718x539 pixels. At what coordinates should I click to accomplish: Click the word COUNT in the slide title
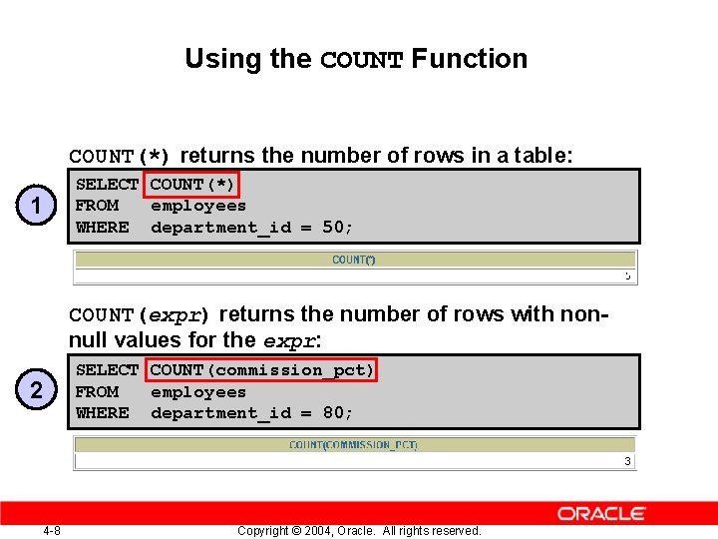[x=361, y=60]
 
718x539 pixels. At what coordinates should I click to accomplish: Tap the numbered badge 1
[x=36, y=207]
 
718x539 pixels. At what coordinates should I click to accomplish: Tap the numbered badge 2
[x=36, y=391]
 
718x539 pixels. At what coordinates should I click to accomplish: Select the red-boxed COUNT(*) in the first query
[x=191, y=185]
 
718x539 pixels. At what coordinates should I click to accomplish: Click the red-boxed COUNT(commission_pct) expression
[x=262, y=370]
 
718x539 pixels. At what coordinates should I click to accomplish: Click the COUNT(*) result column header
[x=353, y=261]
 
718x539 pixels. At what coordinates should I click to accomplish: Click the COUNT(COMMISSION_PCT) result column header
[x=353, y=445]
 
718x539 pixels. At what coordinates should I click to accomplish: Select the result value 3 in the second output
[x=627, y=461]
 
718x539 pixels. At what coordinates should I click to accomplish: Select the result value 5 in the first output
[x=627, y=275]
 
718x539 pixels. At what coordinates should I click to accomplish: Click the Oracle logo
[x=601, y=514]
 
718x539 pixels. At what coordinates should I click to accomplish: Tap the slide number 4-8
[x=52, y=530]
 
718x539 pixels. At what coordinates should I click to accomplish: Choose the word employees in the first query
[x=197, y=207]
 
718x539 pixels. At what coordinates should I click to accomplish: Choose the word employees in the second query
[x=197, y=392]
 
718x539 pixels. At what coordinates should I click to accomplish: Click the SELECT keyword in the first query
[x=107, y=185]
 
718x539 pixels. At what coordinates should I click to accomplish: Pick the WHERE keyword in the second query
[x=103, y=413]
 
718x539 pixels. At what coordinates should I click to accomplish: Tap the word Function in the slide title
[x=470, y=59]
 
